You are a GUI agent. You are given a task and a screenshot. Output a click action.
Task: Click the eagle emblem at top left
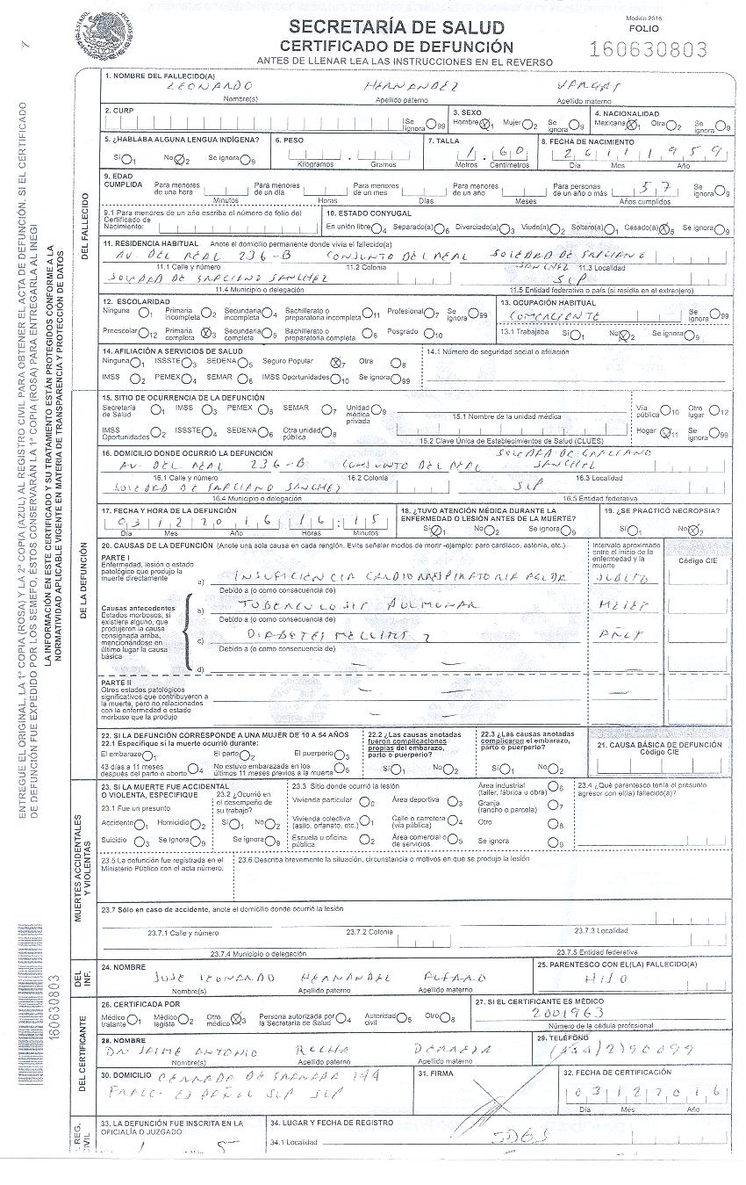[108, 34]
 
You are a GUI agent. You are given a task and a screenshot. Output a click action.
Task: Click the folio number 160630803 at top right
[649, 49]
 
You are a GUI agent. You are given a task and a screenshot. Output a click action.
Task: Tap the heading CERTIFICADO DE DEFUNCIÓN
[396, 46]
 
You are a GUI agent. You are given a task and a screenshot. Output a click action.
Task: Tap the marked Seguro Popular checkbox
[335, 362]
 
